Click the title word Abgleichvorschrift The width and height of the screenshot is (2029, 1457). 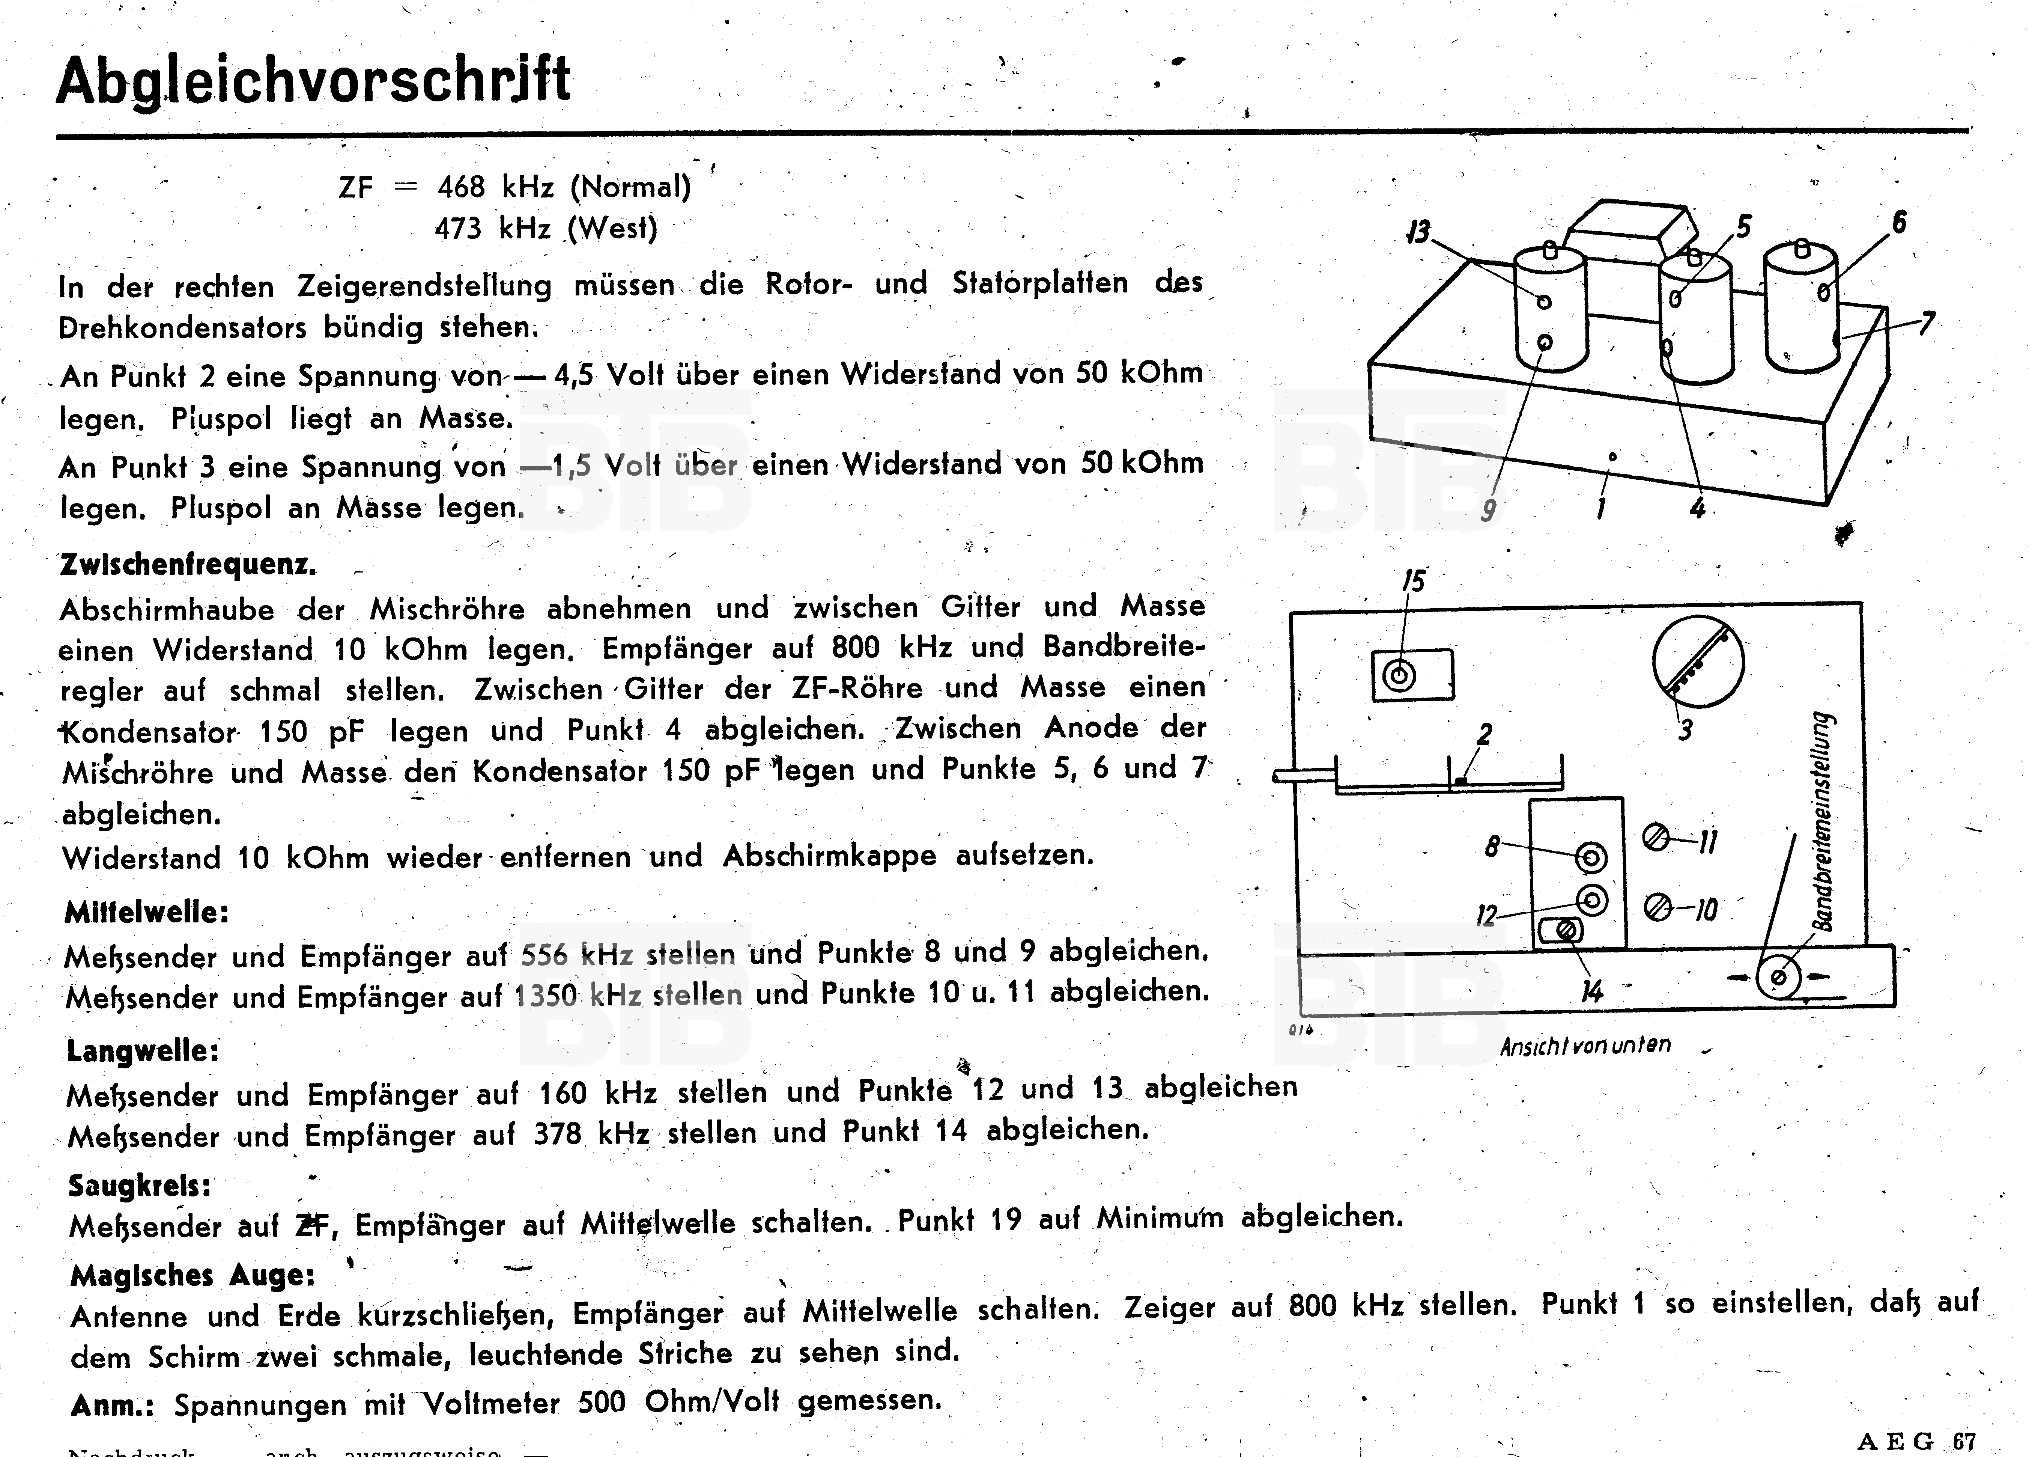click(x=313, y=81)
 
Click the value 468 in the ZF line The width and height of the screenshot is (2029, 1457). click(x=462, y=187)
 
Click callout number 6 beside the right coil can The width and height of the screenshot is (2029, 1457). click(x=1898, y=222)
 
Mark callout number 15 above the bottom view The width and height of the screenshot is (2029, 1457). click(x=1412, y=582)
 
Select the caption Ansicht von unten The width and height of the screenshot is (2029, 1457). click(x=1585, y=1045)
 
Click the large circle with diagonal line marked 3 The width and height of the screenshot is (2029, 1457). click(x=1697, y=662)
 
